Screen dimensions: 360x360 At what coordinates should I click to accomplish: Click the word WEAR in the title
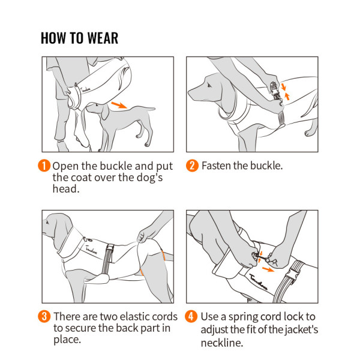tap(103, 38)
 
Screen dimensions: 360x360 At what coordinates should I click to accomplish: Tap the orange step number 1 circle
tap(44, 166)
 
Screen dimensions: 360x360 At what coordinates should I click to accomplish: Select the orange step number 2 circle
tap(192, 166)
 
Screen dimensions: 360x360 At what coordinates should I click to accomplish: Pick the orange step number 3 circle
tap(44, 316)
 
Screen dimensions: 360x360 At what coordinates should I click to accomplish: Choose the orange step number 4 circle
tap(191, 316)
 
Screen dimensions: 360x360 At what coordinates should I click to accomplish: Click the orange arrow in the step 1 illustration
tap(119, 105)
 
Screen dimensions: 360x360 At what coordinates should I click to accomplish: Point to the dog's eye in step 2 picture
tap(209, 86)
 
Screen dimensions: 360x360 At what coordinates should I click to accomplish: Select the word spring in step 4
tap(243, 317)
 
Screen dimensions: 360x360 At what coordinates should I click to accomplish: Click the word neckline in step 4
tap(221, 343)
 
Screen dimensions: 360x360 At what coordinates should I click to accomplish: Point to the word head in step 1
tap(65, 189)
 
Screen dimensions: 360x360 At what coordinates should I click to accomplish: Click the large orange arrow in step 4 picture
tap(268, 269)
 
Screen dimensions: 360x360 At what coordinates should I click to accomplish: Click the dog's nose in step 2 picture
tap(190, 93)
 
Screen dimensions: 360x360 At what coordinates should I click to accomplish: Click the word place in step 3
tap(67, 340)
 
